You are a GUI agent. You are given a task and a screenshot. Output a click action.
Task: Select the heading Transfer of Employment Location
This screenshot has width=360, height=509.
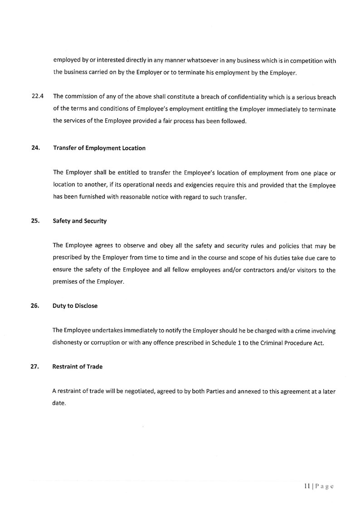pos(99,148)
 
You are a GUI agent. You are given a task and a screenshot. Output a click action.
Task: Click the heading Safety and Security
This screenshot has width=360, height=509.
pos(80,221)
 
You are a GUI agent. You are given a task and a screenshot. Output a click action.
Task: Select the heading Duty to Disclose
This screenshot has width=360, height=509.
pos(75,306)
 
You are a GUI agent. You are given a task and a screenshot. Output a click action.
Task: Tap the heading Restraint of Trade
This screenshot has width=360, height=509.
pos(78,367)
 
